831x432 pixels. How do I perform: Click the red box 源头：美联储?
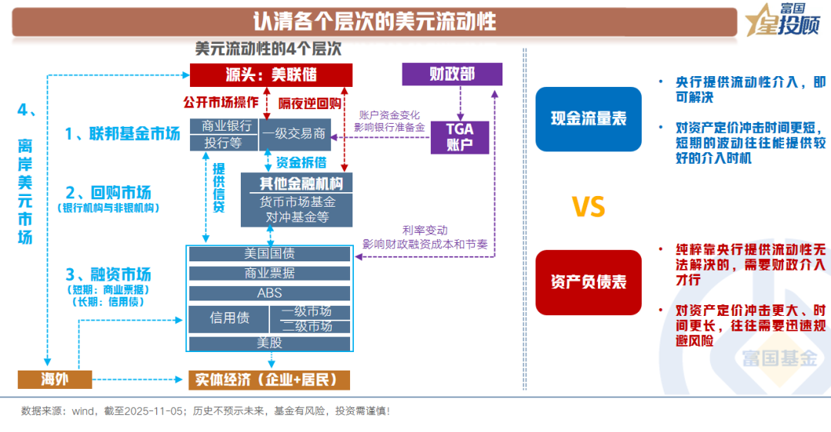[271, 75]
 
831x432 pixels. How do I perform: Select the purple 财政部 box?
[452, 74]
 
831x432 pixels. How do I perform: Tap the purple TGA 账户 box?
[459, 137]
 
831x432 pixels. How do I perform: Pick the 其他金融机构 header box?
[296, 183]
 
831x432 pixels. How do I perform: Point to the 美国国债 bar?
[269, 253]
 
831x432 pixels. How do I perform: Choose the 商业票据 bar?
[269, 273]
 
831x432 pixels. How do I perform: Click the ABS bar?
[269, 293]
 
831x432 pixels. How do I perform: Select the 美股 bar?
[269, 344]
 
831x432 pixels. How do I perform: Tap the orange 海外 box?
[55, 379]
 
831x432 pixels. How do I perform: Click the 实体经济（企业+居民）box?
[269, 380]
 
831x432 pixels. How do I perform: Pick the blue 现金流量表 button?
[588, 118]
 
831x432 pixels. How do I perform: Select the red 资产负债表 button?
[588, 282]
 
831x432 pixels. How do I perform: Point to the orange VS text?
[588, 207]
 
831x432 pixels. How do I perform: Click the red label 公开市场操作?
[220, 101]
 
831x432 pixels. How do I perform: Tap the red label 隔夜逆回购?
[310, 102]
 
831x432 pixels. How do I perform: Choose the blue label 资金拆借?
[301, 161]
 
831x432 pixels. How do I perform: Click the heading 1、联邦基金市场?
[123, 134]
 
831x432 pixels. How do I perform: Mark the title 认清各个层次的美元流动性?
[375, 20]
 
